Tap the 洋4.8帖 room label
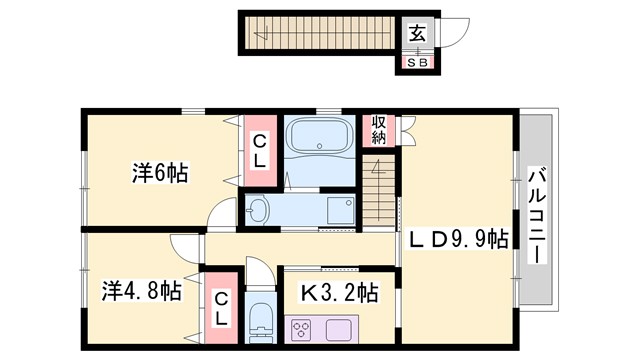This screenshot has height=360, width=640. click(141, 292)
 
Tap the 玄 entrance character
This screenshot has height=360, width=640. click(416, 32)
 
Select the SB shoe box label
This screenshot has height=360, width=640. click(416, 62)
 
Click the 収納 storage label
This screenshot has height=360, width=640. click(379, 129)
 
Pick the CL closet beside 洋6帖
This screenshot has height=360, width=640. click(258, 150)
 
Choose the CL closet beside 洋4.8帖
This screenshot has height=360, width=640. click(221, 309)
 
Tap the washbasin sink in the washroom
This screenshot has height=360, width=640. click(259, 210)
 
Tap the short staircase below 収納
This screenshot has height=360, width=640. click(378, 184)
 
